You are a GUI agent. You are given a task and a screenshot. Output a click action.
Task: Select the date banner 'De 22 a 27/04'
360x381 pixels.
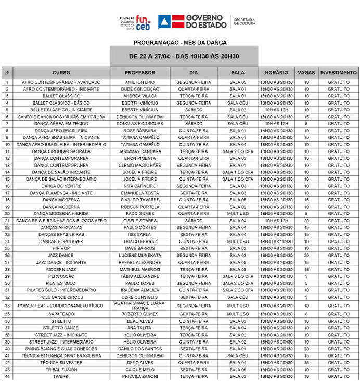[184, 56]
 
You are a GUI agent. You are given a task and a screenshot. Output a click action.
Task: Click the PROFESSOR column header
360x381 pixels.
[140, 73]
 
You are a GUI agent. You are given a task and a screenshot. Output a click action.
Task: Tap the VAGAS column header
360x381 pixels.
[306, 73]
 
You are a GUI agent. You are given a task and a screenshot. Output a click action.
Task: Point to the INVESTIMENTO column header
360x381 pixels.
[339, 73]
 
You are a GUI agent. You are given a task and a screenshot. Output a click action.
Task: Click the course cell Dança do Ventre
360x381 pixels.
[61, 186]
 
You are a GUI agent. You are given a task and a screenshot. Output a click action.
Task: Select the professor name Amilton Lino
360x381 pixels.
[140, 82]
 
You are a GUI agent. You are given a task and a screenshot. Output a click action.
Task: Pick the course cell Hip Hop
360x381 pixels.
[61, 248]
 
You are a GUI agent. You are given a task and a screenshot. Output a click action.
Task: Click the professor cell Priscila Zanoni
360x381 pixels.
[140, 376]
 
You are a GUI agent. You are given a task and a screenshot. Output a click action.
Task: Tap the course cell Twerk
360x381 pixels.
[61, 376]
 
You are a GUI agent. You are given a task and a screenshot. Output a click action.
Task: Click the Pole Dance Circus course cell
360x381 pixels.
[61, 297]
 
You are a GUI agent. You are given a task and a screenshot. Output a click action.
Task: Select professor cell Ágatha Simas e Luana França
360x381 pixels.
[140, 306]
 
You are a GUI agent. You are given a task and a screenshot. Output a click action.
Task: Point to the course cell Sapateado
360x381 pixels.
[61, 314]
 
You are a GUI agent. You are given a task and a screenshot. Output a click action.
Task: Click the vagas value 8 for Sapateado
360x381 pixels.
[306, 314]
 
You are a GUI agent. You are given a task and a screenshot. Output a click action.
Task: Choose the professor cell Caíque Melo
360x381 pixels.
[140, 370]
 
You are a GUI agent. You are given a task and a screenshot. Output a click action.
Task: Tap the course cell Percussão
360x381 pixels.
[61, 276]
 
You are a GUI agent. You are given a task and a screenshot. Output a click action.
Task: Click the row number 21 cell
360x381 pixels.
[7, 221]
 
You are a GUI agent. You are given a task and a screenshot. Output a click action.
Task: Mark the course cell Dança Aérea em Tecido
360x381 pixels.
[61, 124]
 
